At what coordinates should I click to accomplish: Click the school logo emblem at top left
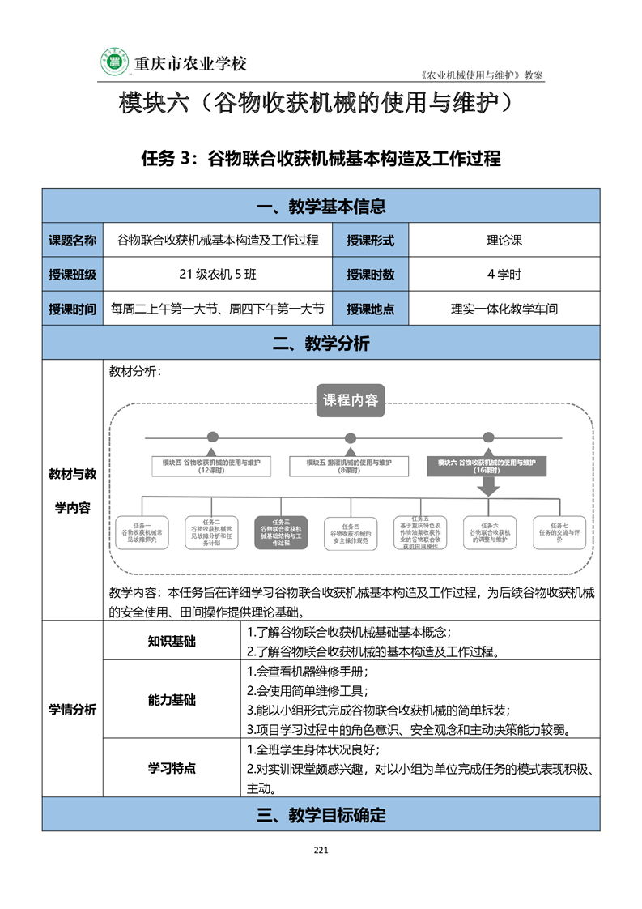pyautogui.click(x=114, y=62)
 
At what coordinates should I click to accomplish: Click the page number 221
pyautogui.click(x=321, y=850)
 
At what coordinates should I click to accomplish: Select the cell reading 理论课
pyautogui.click(x=504, y=240)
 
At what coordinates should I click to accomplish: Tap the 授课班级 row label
pyautogui.click(x=72, y=275)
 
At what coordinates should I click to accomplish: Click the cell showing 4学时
pyautogui.click(x=504, y=275)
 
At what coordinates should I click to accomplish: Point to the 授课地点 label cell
pyautogui.click(x=370, y=309)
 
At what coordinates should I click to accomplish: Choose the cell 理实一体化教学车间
pyautogui.click(x=504, y=309)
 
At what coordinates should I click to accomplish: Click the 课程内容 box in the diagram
pyautogui.click(x=351, y=400)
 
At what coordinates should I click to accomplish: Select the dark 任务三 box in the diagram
pyautogui.click(x=280, y=533)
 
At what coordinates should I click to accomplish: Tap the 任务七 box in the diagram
pyautogui.click(x=559, y=531)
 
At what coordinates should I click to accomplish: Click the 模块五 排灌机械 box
pyautogui.click(x=349, y=466)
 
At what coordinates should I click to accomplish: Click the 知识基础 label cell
pyautogui.click(x=172, y=642)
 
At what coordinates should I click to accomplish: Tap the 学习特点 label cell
pyautogui.click(x=172, y=768)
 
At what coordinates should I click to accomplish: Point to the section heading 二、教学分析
pyautogui.click(x=321, y=344)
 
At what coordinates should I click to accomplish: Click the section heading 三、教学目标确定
pyautogui.click(x=321, y=815)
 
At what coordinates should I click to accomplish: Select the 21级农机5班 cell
pyautogui.click(x=218, y=275)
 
